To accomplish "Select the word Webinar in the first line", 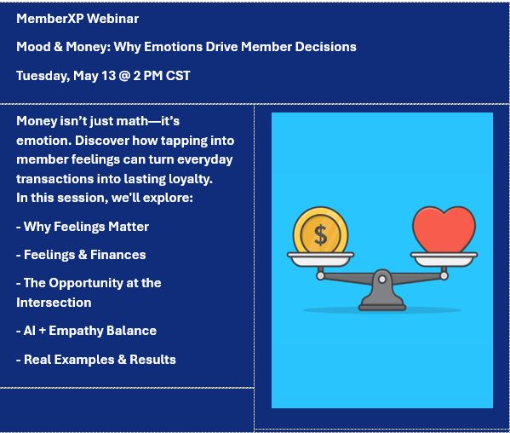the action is (113, 19).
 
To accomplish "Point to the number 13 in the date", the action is (108, 76).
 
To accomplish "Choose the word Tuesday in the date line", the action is (43, 76).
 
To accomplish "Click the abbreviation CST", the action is (178, 76).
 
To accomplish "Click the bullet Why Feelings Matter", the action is (83, 227).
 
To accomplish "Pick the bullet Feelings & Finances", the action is (81, 255).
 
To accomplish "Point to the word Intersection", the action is (54, 303).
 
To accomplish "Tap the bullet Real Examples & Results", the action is (96, 360).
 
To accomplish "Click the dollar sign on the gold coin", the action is (321, 235).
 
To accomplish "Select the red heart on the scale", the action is (444, 229).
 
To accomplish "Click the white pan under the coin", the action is (320, 259).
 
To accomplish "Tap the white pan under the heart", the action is (444, 259).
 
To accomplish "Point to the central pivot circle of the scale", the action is (382, 279).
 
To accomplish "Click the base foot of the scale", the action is (382, 307).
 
